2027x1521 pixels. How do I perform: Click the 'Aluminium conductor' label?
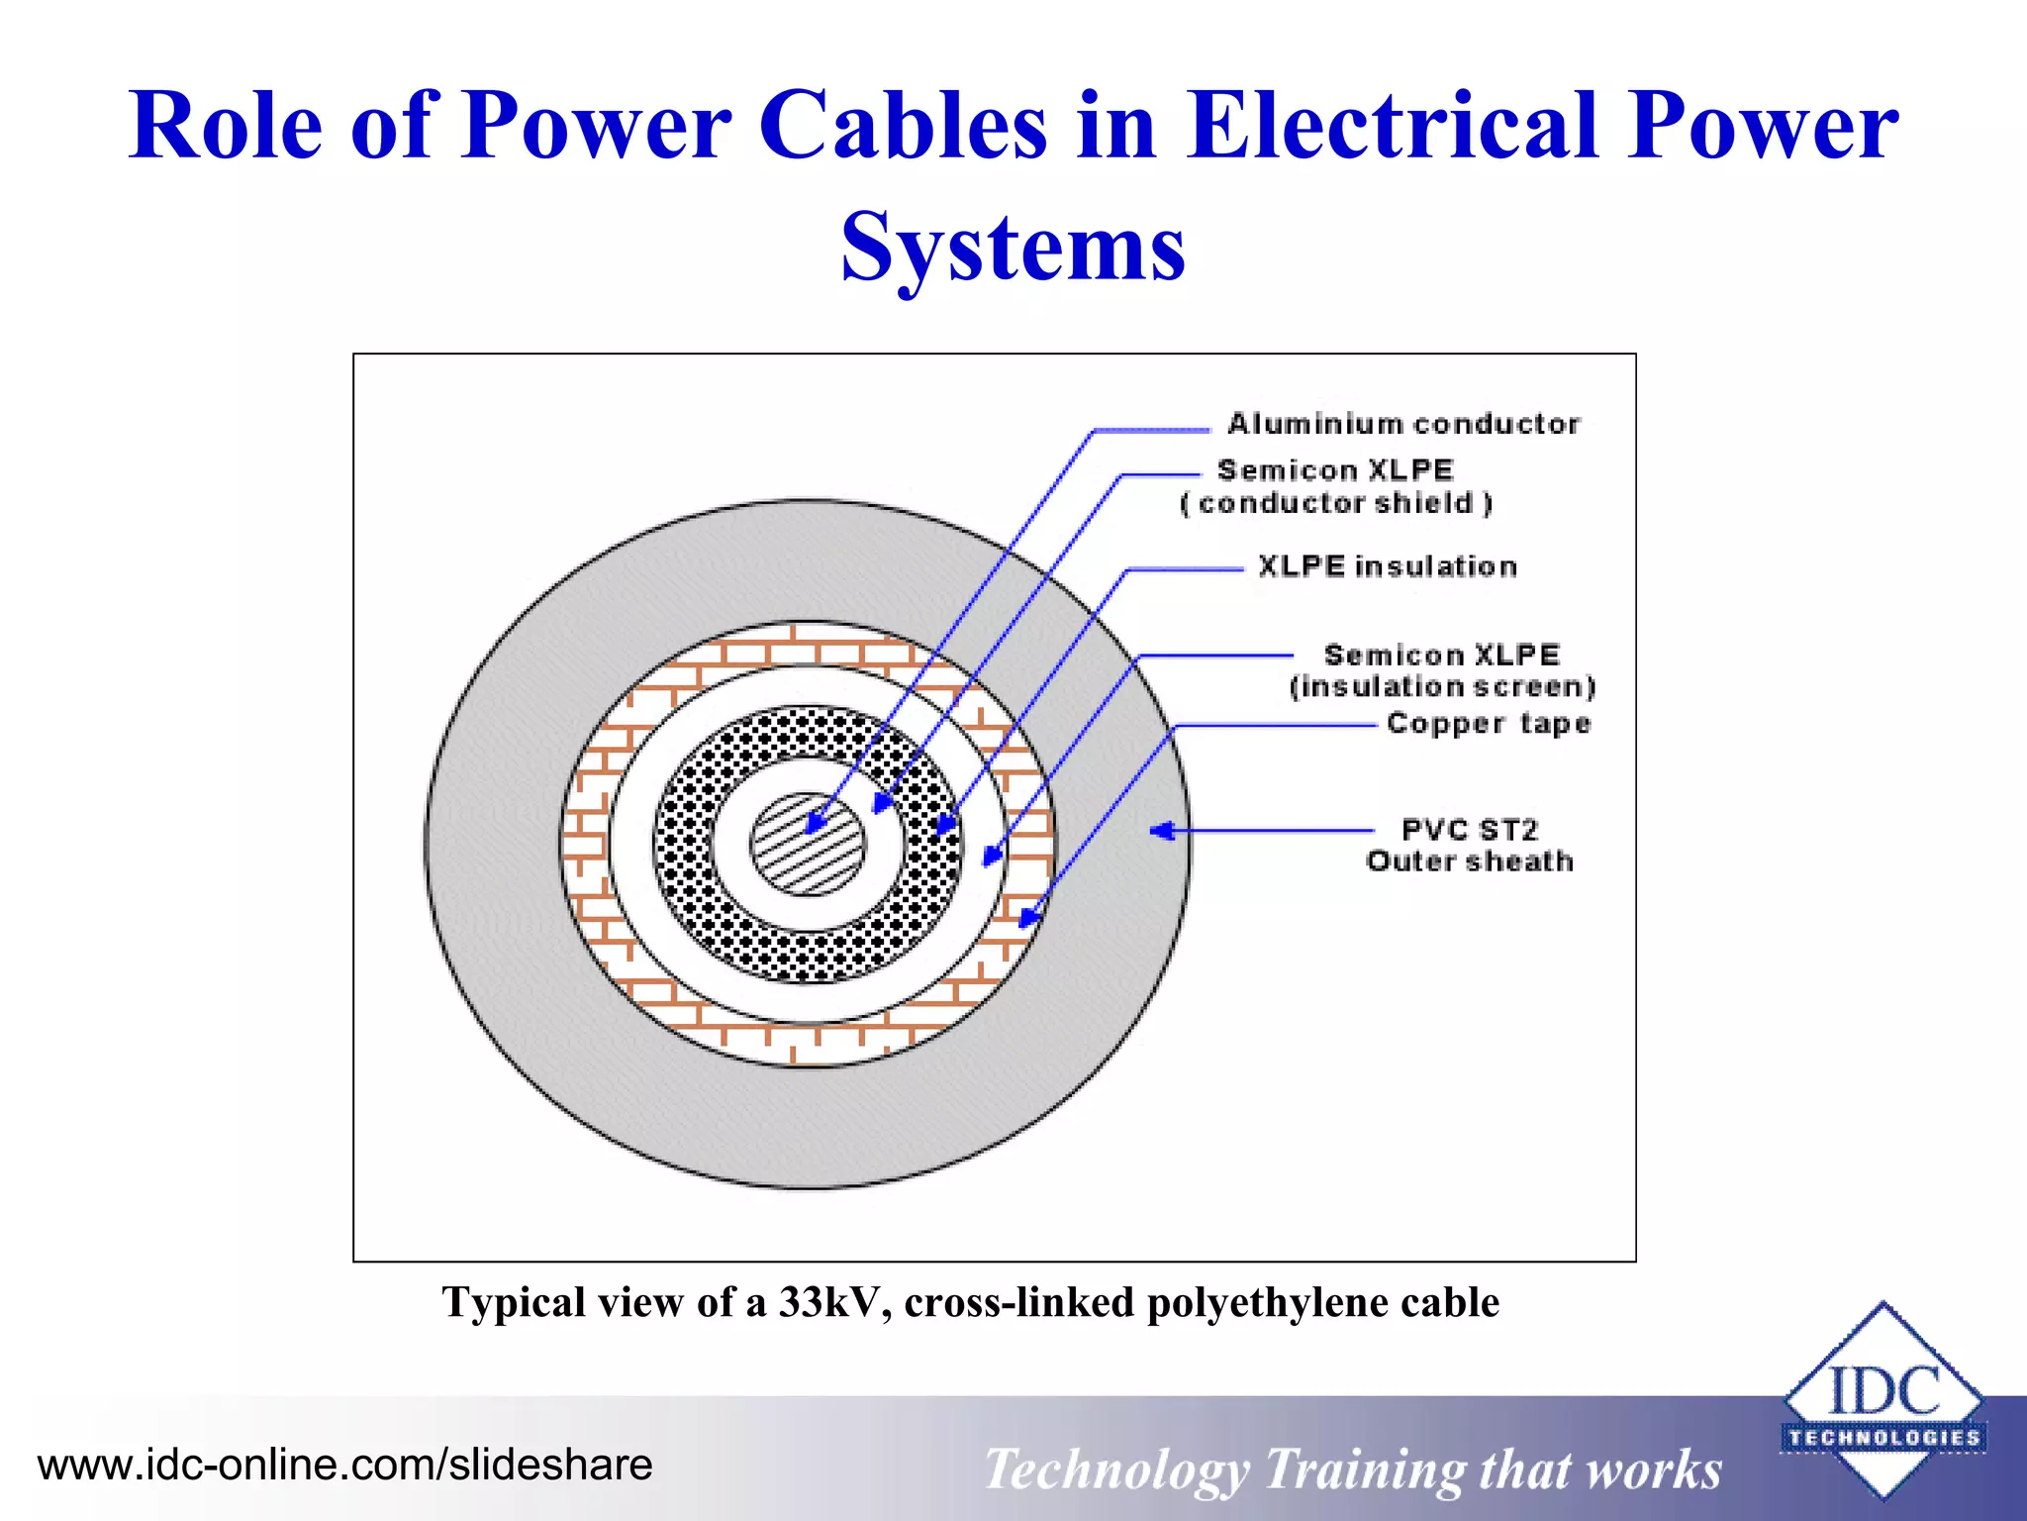tap(1403, 424)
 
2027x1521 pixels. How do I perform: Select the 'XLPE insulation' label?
tap(1388, 566)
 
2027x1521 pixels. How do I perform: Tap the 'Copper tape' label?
tap(1488, 723)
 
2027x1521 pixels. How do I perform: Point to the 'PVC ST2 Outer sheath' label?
tap(1470, 845)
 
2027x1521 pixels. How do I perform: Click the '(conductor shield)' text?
tap(1336, 503)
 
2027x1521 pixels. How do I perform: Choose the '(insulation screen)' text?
tap(1442, 686)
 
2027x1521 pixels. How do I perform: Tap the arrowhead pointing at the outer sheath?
tap(1162, 830)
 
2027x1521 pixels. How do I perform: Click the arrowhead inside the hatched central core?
tap(817, 822)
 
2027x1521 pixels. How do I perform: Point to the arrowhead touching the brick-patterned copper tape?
tap(1029, 917)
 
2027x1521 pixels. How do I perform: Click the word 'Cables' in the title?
tap(903, 127)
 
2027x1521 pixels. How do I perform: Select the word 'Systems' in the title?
tap(1013, 247)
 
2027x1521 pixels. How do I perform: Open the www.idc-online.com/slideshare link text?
tap(344, 1465)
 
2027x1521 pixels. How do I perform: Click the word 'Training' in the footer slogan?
tap(1364, 1470)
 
